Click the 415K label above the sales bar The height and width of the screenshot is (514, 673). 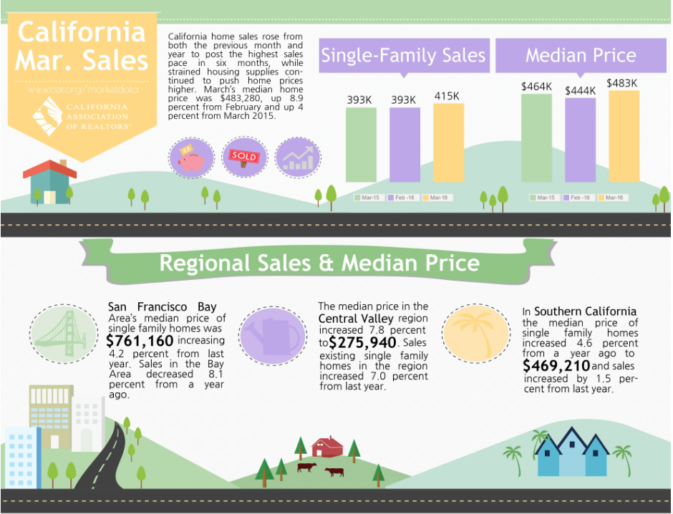(x=447, y=95)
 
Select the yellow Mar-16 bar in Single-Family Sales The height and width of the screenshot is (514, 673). (x=448, y=142)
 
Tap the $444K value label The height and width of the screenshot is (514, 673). (x=580, y=90)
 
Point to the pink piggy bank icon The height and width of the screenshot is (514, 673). (x=191, y=157)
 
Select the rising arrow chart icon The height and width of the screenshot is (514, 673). (x=298, y=157)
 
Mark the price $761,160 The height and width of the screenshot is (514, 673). (x=140, y=341)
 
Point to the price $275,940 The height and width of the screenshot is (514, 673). (x=362, y=342)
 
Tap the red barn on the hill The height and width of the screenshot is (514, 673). (x=327, y=447)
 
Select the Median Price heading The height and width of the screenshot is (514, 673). (x=581, y=56)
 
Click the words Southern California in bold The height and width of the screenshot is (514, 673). (x=585, y=311)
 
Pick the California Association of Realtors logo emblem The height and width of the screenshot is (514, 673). (x=47, y=116)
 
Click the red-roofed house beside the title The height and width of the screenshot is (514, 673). (x=49, y=182)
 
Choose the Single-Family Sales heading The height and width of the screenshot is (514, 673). (x=403, y=56)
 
